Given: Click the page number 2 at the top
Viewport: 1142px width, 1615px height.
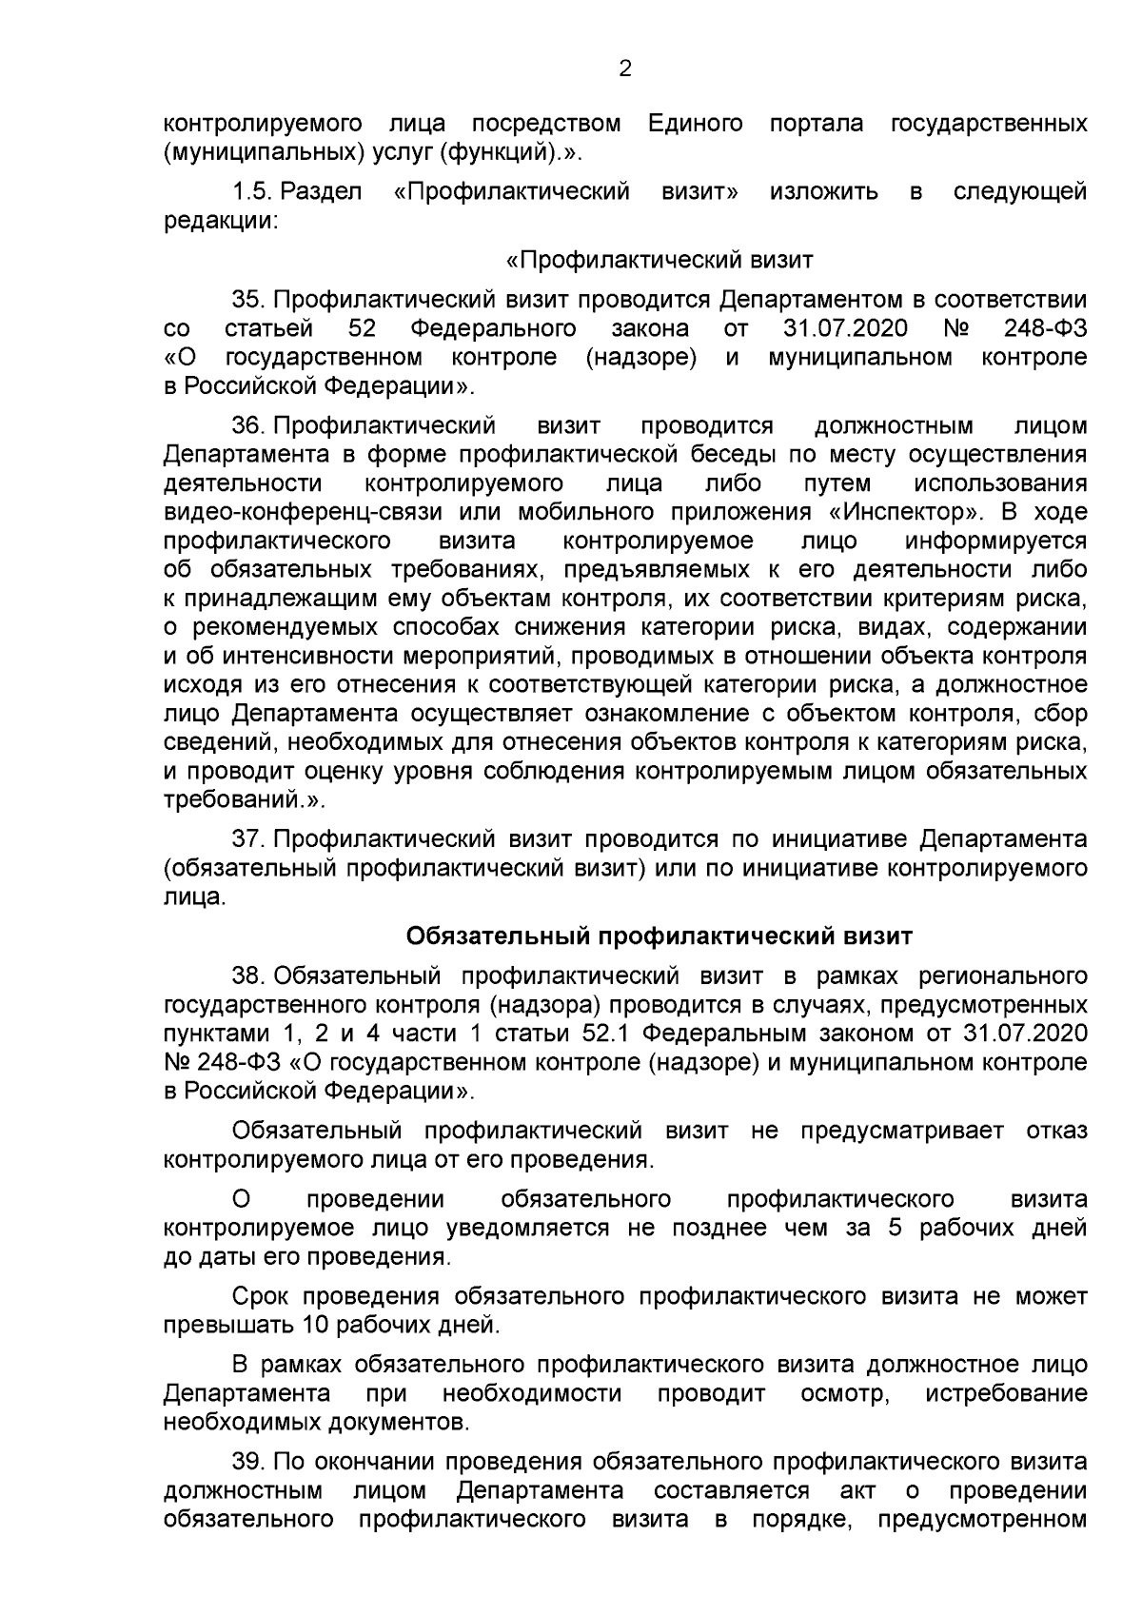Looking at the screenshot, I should [625, 68].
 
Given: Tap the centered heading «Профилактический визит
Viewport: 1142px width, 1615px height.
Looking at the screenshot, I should [660, 260].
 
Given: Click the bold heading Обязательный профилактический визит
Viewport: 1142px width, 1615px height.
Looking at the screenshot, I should [660, 936].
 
